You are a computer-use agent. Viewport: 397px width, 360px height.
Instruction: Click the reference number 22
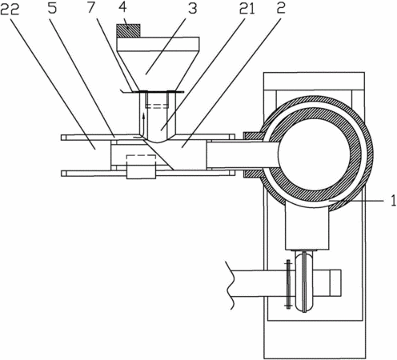tap(10, 10)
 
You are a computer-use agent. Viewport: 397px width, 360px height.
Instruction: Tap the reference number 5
tap(52, 8)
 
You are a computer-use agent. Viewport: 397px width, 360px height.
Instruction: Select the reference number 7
tap(91, 8)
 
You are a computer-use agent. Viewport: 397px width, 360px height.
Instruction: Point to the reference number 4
tap(122, 7)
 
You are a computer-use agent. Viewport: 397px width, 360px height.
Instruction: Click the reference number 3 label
tap(192, 8)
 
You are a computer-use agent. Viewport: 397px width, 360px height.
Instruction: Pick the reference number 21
tap(247, 9)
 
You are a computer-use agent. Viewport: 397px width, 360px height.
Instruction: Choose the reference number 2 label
tap(281, 8)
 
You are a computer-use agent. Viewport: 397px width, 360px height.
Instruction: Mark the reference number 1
tap(394, 201)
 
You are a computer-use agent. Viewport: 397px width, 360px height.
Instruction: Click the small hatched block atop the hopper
tap(128, 30)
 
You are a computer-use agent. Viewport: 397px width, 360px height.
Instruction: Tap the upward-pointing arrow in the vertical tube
tap(143, 124)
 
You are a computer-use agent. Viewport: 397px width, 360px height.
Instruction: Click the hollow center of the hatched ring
tap(314, 155)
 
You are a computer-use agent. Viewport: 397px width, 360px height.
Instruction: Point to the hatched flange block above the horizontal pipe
tap(253, 137)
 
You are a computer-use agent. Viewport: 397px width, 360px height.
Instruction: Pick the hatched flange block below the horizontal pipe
tap(254, 174)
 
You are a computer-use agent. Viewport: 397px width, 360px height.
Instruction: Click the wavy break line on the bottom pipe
tap(230, 286)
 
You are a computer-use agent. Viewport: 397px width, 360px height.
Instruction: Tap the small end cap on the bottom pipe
tap(335, 283)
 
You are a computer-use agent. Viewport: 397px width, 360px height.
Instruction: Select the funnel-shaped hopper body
tap(158, 63)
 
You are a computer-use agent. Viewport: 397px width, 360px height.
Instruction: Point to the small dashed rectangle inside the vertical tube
tap(157, 106)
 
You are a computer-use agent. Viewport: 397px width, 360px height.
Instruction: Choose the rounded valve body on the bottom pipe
tap(304, 282)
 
